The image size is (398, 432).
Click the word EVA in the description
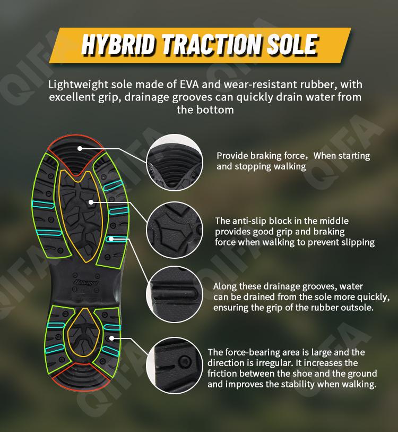[189, 84]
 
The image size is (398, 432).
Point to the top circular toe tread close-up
[175, 163]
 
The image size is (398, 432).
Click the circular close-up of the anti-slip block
[175, 230]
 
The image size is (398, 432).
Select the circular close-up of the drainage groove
[175, 294]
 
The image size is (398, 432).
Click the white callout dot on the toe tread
[80, 148]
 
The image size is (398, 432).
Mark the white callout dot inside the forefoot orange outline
[91, 202]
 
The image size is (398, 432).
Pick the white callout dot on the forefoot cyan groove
[111, 239]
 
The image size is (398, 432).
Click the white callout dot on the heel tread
[111, 338]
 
